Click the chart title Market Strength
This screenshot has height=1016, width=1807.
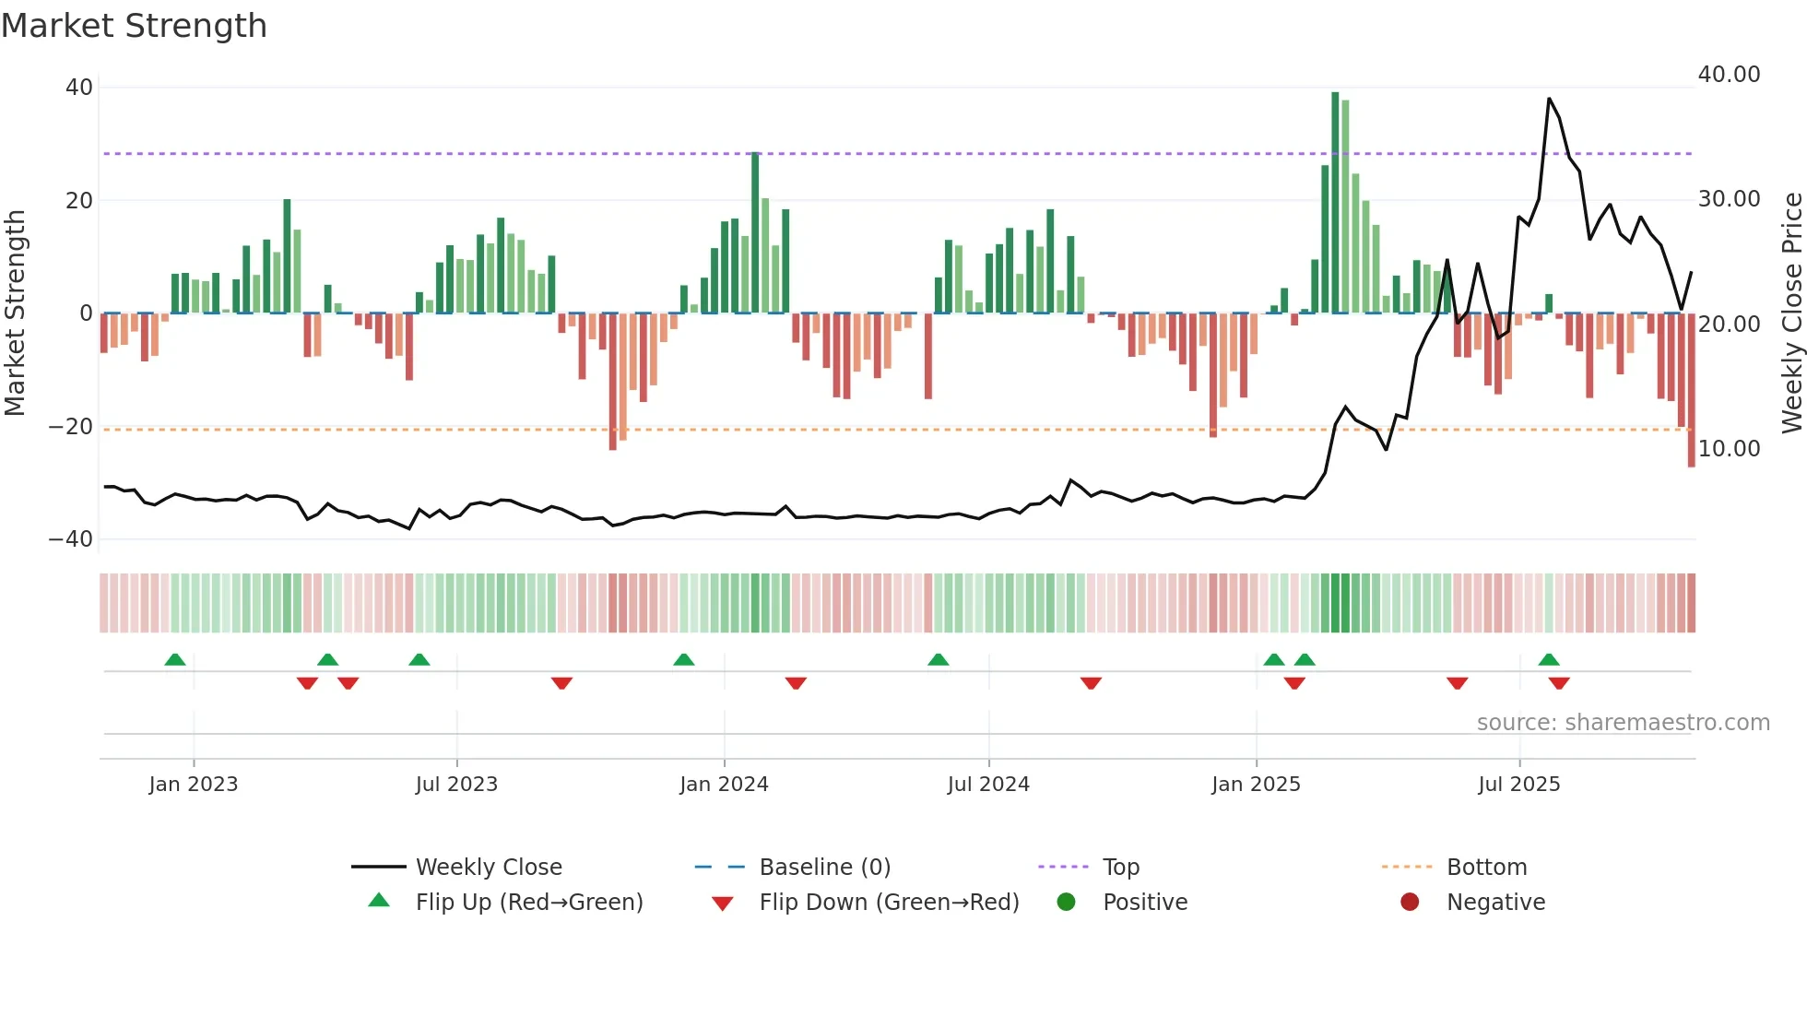point(135,26)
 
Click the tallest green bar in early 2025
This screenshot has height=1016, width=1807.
point(1335,203)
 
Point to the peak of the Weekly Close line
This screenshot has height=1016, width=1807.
point(1549,99)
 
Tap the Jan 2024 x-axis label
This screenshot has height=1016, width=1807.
point(724,785)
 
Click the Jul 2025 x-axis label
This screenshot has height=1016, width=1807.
point(1518,785)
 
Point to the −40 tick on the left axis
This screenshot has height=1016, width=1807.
point(71,539)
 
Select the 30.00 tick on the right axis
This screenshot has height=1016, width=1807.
point(1729,199)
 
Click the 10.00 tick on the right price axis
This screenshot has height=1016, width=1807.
point(1729,449)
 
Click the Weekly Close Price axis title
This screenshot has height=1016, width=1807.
point(1791,313)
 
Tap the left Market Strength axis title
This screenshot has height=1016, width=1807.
point(15,313)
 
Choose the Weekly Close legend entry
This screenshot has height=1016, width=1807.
point(488,868)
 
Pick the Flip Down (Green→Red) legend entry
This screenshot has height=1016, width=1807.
point(888,903)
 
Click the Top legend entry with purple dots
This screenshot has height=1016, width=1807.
point(1120,868)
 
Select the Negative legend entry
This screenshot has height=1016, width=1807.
point(1494,903)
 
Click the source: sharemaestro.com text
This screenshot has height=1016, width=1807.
point(1623,723)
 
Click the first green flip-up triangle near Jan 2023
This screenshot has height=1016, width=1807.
point(175,659)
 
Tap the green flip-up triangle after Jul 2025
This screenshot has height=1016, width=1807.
point(1549,659)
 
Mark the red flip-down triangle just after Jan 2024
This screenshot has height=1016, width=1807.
point(796,683)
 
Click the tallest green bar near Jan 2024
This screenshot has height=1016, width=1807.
point(755,232)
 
